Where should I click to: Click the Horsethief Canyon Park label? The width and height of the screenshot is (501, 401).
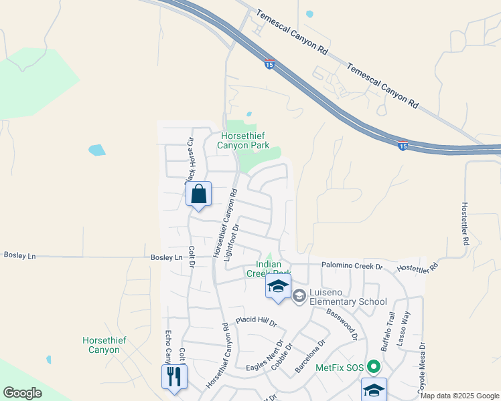(x=245, y=140)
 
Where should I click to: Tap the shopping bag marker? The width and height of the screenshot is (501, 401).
(x=198, y=194)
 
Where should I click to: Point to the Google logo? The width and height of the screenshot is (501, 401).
(x=22, y=392)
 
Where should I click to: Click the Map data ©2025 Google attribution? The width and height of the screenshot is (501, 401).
(x=459, y=396)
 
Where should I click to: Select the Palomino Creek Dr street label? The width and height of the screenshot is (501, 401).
(x=351, y=267)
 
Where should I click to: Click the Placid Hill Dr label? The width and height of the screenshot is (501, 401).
(x=255, y=322)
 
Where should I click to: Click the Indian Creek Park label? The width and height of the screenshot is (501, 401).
(x=268, y=269)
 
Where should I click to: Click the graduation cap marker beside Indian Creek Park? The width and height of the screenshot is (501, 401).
(x=278, y=287)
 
